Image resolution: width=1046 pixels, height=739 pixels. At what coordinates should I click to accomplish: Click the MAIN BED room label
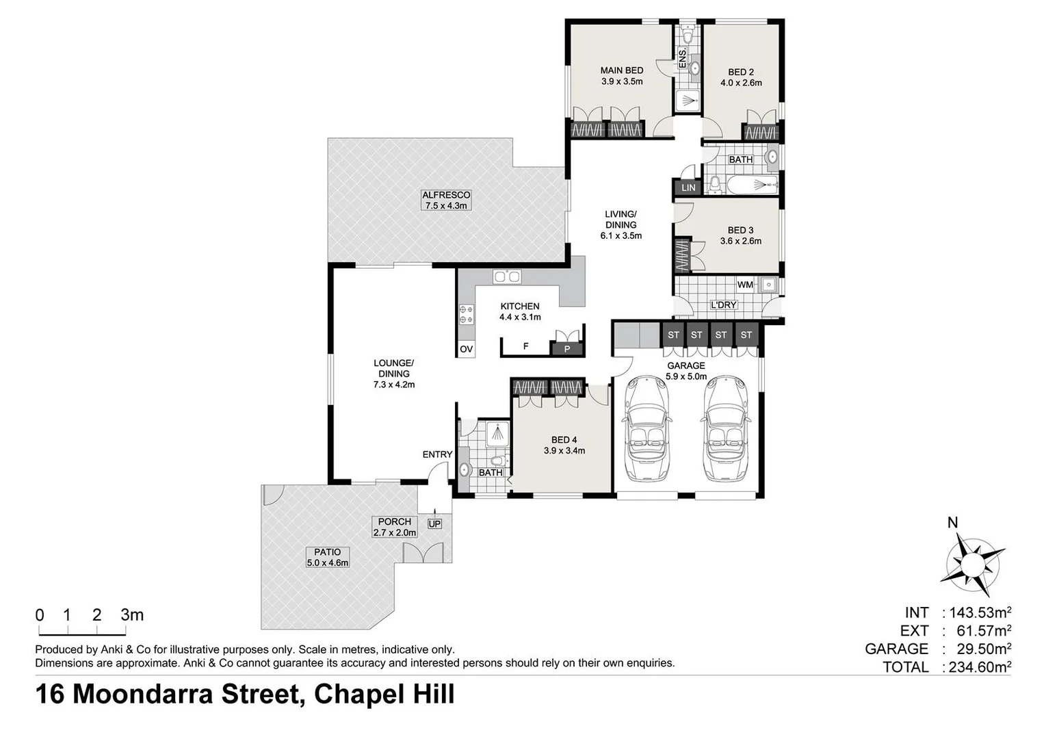[x=621, y=70]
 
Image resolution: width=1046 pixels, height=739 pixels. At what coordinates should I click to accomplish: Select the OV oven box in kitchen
[x=467, y=350]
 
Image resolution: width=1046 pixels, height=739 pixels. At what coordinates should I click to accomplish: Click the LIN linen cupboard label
[x=688, y=187]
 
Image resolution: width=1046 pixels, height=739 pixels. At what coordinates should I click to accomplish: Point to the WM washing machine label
[x=745, y=285]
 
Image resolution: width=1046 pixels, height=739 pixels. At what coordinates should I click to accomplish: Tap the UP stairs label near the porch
[x=434, y=524]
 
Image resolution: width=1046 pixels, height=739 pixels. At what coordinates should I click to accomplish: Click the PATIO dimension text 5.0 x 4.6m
[x=328, y=563]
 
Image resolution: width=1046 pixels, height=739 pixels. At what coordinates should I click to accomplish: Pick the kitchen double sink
[x=507, y=276]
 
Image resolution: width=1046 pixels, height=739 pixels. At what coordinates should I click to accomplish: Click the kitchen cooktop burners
[x=466, y=315]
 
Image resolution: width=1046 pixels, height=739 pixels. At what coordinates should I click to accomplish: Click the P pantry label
[x=566, y=350]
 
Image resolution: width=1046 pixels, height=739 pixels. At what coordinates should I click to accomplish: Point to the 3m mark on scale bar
[x=132, y=614]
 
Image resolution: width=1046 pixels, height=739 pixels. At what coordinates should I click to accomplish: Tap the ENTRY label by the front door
[x=437, y=454]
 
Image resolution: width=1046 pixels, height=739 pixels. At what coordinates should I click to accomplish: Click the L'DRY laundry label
[x=723, y=305]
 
